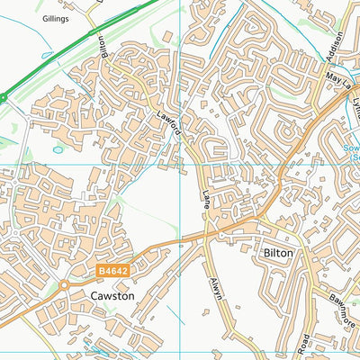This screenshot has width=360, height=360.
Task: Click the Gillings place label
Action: pyautogui.click(x=54, y=18)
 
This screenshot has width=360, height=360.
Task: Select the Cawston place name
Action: pyautogui.click(x=112, y=295)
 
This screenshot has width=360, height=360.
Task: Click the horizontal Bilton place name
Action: pyautogui.click(x=278, y=254)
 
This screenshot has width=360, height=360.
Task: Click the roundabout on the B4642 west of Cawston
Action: pyautogui.click(x=65, y=286)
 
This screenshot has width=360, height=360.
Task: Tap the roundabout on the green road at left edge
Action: pyautogui.click(x=3, y=95)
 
